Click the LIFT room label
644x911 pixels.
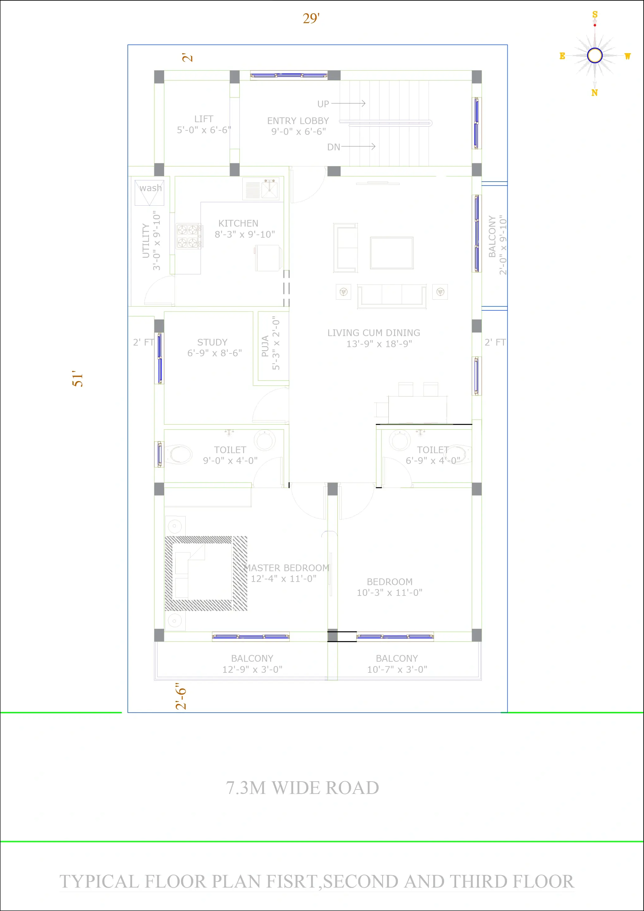204,124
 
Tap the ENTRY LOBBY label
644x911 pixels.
298,126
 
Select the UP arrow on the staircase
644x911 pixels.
348,103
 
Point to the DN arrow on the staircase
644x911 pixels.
358,147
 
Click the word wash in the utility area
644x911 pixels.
151,188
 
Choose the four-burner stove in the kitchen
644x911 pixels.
188,236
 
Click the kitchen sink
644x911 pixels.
270,189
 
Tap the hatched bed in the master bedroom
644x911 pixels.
206,573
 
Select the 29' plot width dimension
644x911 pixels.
311,18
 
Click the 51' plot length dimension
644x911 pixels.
78,378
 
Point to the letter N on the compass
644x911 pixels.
594,92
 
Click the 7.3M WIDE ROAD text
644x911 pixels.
302,788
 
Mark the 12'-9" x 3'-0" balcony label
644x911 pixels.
252,664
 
